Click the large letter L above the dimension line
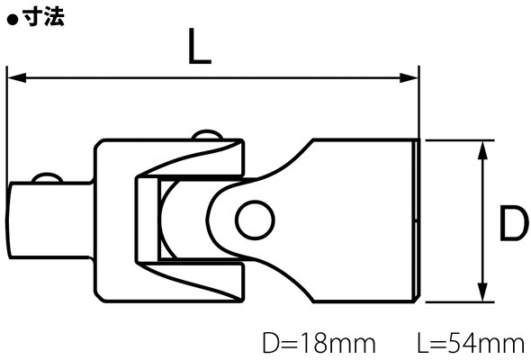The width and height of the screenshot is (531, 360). click(x=199, y=46)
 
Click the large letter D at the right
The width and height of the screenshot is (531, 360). click(x=514, y=224)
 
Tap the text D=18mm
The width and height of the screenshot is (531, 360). click(x=319, y=344)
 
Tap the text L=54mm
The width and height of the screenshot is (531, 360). click(x=471, y=344)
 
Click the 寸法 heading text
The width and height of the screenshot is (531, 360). click(x=44, y=16)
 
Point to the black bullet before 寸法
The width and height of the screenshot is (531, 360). click(x=13, y=20)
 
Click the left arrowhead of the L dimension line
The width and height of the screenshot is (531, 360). click(x=17, y=77)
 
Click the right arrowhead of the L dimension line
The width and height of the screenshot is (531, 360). click(x=409, y=77)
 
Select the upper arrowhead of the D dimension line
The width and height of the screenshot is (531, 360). click(x=482, y=150)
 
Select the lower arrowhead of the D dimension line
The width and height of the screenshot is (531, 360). click(x=482, y=292)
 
